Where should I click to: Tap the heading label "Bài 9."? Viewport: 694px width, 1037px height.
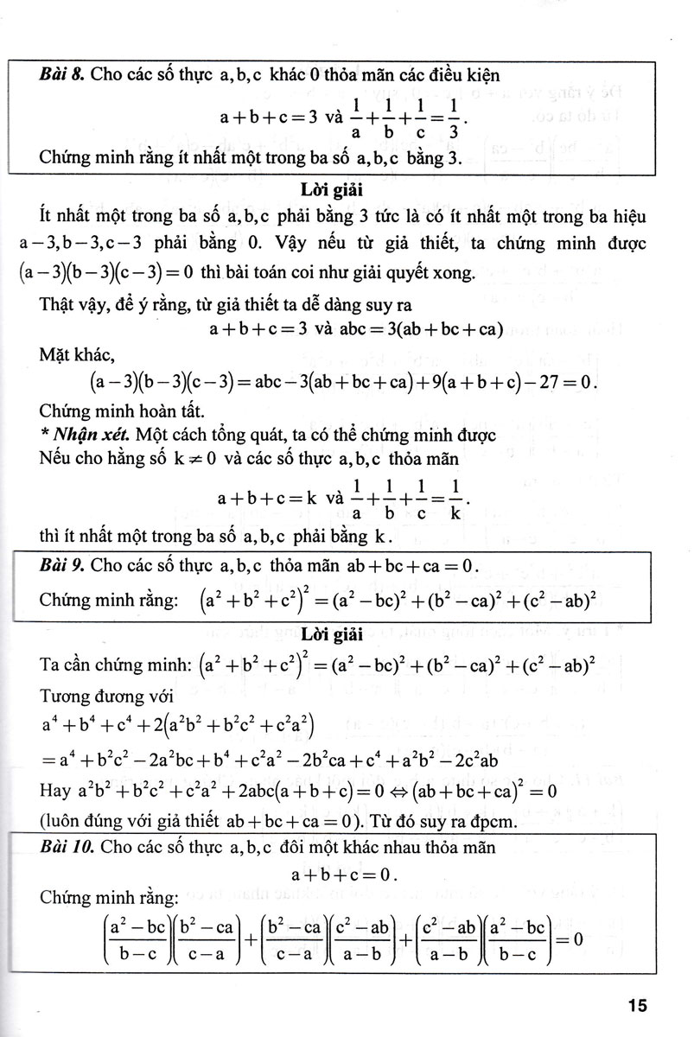point(62,568)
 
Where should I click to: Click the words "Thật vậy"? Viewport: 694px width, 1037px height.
point(73,302)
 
